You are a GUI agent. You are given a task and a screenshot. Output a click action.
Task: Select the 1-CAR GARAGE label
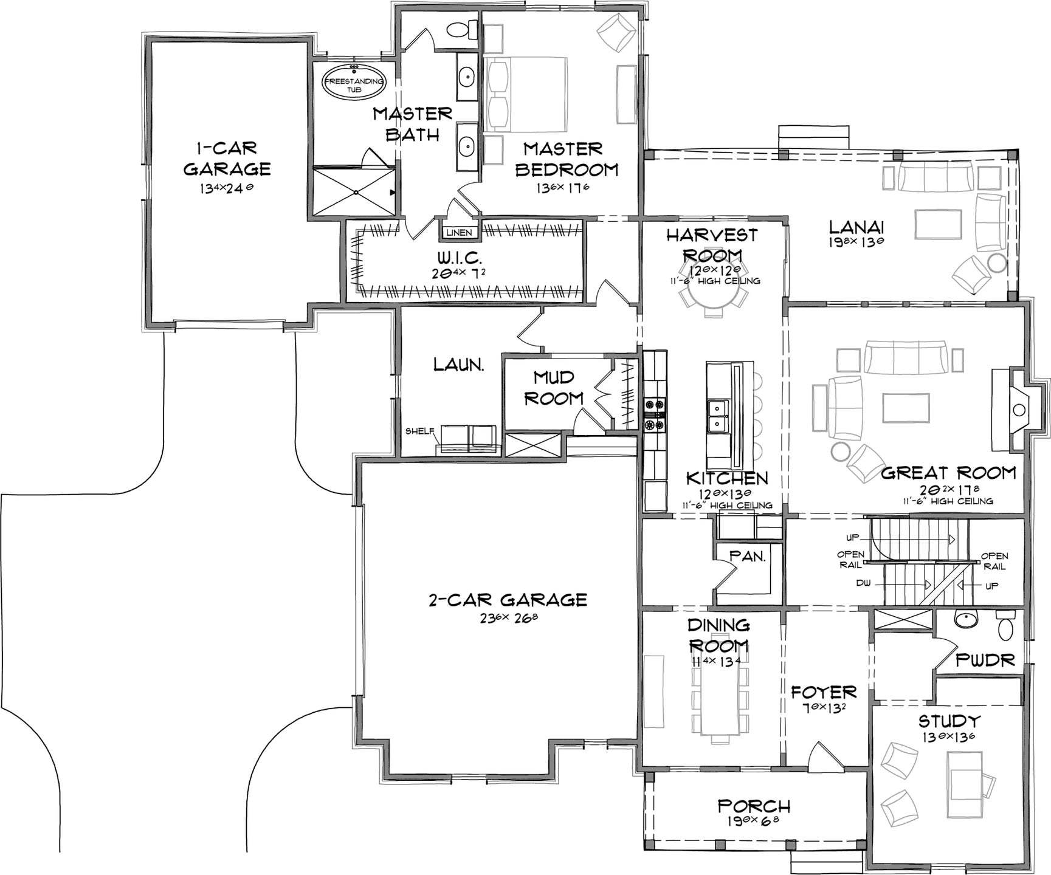pos(227,157)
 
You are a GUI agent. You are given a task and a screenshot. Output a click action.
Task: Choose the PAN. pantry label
pos(747,556)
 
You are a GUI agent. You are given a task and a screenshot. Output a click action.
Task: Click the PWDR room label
pos(985,660)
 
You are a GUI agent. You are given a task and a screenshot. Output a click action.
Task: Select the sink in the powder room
pos(965,619)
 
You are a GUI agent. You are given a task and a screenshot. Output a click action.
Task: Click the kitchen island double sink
pos(717,416)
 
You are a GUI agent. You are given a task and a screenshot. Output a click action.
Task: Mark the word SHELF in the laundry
pos(420,431)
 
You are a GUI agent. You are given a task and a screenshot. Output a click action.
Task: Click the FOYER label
pos(824,691)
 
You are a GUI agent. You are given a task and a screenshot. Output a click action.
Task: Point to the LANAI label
pos(856,227)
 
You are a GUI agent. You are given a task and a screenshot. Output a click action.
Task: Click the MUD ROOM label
pos(554,388)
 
